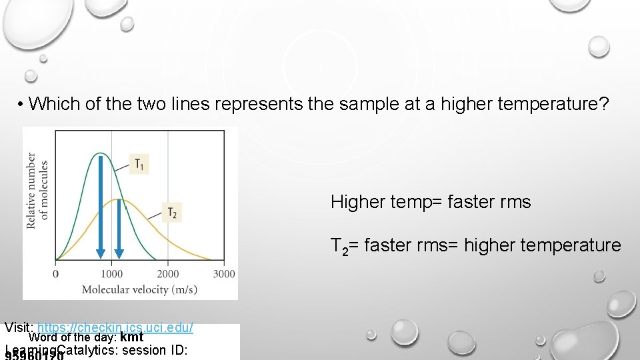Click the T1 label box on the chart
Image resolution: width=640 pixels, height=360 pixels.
click(x=138, y=163)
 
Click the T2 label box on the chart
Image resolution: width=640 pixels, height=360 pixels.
click(x=172, y=213)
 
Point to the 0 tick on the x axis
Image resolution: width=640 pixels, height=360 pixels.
click(x=55, y=274)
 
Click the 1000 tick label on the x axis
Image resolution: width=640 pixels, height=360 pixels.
click(x=111, y=274)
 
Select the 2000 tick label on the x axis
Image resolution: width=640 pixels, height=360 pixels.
click(x=168, y=274)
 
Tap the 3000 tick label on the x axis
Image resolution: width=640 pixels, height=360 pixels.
click(x=224, y=274)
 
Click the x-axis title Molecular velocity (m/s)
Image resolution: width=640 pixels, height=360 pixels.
click(x=144, y=289)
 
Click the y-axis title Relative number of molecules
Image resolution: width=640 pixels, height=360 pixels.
click(x=37, y=191)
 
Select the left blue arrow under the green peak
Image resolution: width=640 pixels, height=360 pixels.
click(x=100, y=207)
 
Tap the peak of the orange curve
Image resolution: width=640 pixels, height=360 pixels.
click(x=119, y=199)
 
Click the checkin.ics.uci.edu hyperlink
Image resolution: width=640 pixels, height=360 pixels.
click(x=115, y=328)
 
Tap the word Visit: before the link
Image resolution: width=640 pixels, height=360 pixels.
click(x=19, y=328)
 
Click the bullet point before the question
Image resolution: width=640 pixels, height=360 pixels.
click(x=22, y=104)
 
